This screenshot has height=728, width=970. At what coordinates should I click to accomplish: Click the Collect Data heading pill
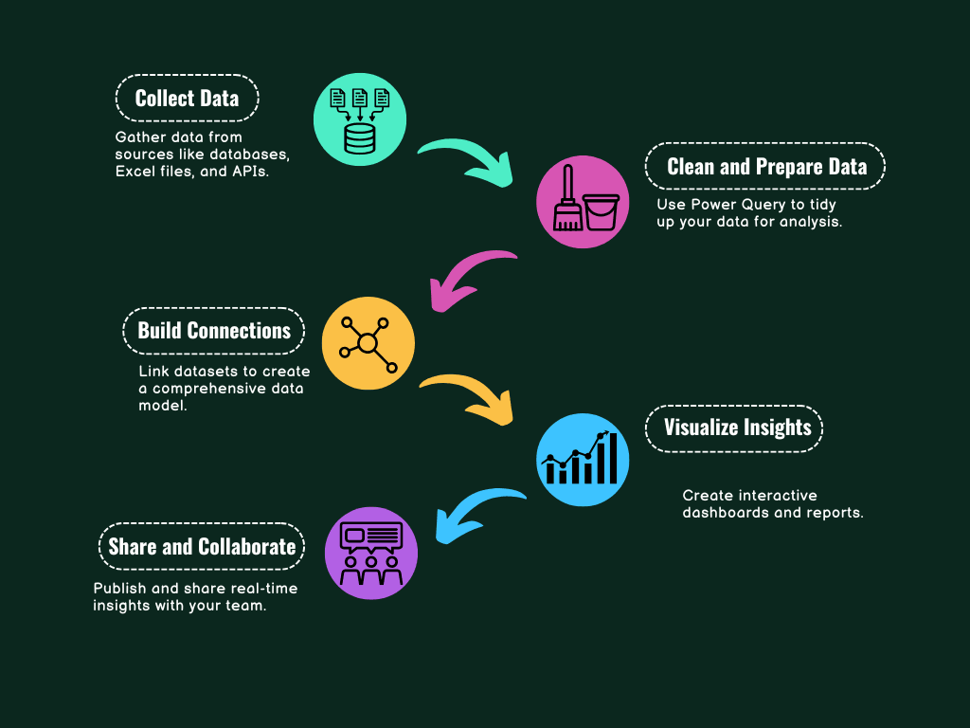tap(187, 99)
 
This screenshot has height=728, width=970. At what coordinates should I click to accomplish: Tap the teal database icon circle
tap(360, 119)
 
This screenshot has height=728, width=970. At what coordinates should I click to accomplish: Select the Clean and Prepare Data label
tap(765, 167)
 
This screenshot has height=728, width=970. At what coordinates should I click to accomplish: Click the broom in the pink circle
tap(567, 201)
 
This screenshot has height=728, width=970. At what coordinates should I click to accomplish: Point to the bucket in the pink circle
tap(602, 211)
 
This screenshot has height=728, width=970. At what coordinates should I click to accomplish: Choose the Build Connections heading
tap(214, 331)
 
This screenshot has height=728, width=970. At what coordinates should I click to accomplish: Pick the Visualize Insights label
tap(736, 428)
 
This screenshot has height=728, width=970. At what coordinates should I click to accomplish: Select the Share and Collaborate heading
tap(202, 547)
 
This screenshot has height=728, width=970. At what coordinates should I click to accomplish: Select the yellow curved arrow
tap(467, 396)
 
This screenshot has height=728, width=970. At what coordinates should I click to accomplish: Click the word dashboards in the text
tap(723, 513)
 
